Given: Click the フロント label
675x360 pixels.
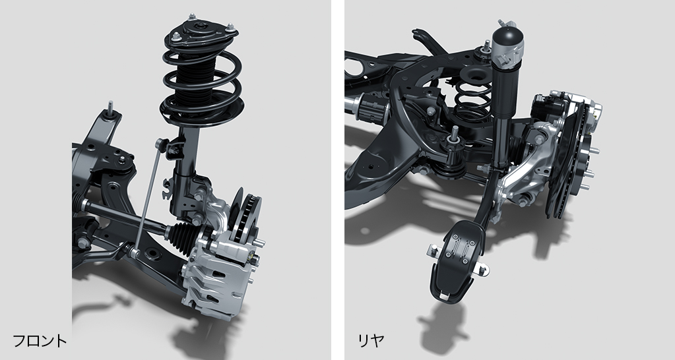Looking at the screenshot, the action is [40, 341].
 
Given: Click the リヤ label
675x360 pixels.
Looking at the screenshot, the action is [371, 341].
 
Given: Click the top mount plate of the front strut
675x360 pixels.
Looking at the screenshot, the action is [201, 32].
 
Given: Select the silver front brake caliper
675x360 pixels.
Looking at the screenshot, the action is [216, 274].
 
